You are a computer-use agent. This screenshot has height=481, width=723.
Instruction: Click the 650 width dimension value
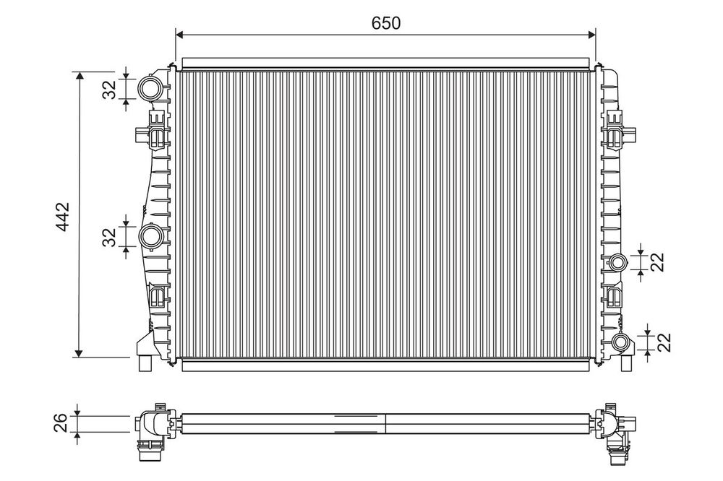(386, 22)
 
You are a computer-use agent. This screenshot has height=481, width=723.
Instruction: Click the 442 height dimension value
(61, 216)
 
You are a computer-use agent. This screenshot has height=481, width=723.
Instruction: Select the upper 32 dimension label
(109, 90)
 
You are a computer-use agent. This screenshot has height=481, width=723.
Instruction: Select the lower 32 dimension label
(109, 238)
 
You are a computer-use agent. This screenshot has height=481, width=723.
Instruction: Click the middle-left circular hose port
(151, 236)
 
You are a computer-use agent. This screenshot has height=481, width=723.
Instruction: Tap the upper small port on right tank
(617, 263)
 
